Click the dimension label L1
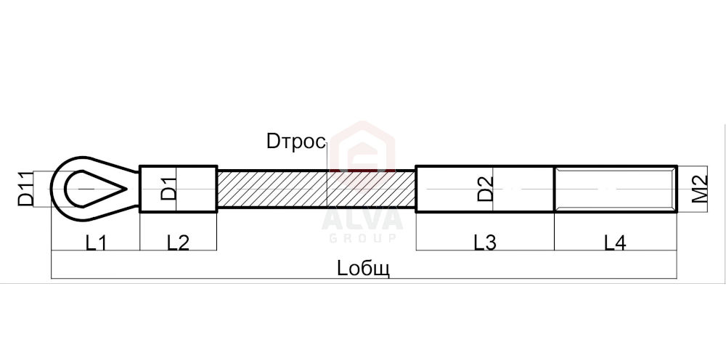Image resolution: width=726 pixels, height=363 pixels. coord(96,242)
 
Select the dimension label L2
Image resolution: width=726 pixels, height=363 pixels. coord(179,242)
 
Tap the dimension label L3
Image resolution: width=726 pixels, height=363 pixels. coord(485,242)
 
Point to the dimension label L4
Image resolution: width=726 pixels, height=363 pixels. coord(616,242)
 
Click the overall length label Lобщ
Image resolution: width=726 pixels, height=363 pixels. coord(364,269)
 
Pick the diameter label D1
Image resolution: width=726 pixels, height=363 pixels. coord(169,189)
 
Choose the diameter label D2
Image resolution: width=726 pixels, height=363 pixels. coord(485,189)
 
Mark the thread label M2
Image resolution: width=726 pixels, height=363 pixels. coord(700,189)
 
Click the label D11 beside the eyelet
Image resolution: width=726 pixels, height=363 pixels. coord(25,189)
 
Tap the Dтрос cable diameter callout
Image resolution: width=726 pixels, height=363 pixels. coord(296,142)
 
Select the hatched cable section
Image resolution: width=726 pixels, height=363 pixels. coord(317,189)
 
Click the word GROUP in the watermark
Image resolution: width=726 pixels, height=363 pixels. coord(362,238)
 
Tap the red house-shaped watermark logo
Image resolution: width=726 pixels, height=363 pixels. coord(362,147)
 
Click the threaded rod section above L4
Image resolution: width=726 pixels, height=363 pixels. coord(616,189)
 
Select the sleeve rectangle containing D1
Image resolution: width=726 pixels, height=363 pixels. coord(179,189)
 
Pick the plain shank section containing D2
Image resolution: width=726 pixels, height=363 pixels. coord(485,189)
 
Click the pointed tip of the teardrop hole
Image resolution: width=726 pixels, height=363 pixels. coord(126,189)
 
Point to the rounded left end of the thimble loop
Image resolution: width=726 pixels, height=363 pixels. coord(52,189)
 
